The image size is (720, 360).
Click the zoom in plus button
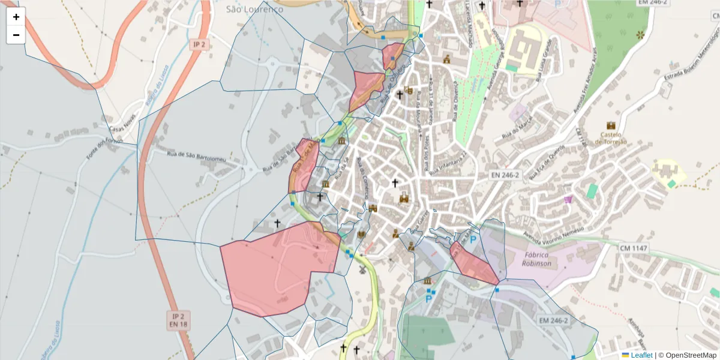pos(16,17)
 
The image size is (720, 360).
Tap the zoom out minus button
pos(16,35)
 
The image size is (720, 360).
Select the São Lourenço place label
pos(254,9)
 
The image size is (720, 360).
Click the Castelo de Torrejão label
pos(611,138)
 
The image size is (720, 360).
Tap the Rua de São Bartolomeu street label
pos(196,156)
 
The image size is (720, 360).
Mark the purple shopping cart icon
pos(568,199)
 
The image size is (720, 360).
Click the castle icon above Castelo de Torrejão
pos(611,125)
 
